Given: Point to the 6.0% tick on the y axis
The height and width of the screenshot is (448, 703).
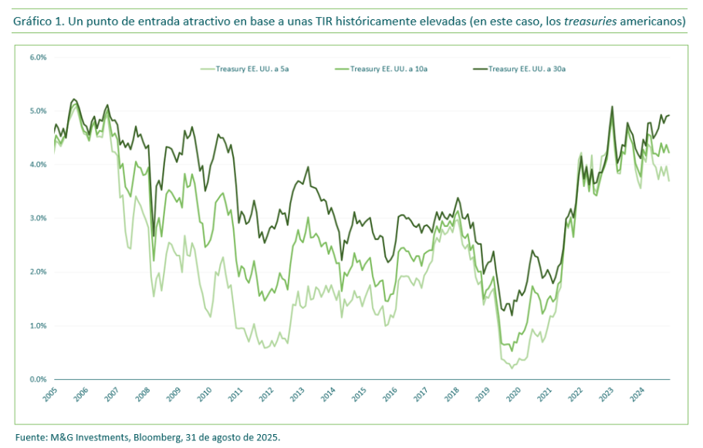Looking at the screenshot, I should tap(38, 58).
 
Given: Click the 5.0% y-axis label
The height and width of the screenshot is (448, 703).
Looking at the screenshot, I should tap(38, 111).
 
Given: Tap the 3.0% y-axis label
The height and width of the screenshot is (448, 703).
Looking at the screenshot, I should tap(38, 219).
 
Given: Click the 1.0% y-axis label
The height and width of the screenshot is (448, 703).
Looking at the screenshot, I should tap(38, 326).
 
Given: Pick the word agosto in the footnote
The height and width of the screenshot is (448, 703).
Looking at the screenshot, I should tap(230, 437).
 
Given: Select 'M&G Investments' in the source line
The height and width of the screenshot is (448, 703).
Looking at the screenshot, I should tap(86, 437).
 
